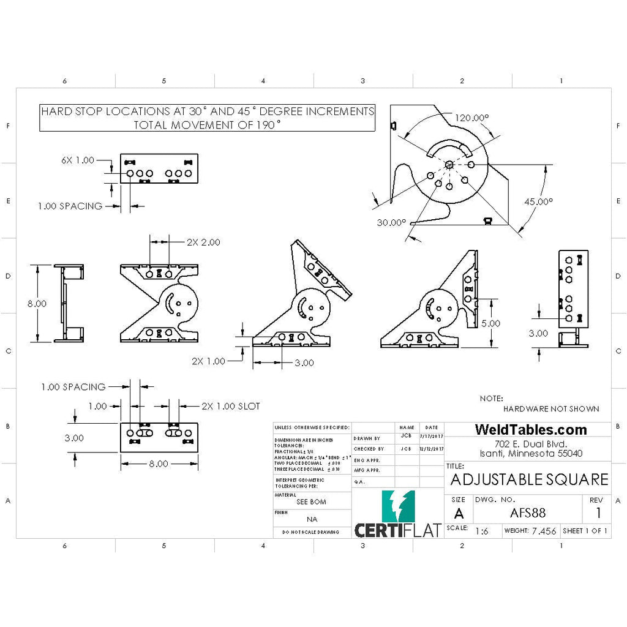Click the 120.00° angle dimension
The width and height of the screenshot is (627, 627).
pyautogui.click(x=472, y=118)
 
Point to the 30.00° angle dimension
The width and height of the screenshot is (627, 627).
pyautogui.click(x=391, y=222)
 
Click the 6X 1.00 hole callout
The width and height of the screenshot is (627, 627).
pyautogui.click(x=78, y=160)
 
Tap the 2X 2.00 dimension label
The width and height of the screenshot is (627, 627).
pyautogui.click(x=203, y=242)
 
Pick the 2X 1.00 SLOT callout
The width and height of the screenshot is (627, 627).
pyautogui.click(x=231, y=406)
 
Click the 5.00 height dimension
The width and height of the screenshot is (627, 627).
pyautogui.click(x=490, y=323)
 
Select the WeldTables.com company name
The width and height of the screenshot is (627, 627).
pyautogui.click(x=530, y=430)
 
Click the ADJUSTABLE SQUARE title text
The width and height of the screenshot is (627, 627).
pyautogui.click(x=529, y=479)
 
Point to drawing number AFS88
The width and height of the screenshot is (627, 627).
pyautogui.click(x=527, y=513)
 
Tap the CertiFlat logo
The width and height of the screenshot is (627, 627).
pyautogui.click(x=398, y=514)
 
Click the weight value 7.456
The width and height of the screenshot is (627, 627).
pyautogui.click(x=544, y=531)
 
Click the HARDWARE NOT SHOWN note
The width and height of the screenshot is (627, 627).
pyautogui.click(x=551, y=408)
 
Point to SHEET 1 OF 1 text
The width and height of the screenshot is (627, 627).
pyautogui.click(x=585, y=531)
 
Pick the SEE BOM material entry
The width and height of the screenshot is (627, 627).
pyautogui.click(x=311, y=501)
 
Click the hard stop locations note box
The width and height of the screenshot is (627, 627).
pyautogui.click(x=207, y=118)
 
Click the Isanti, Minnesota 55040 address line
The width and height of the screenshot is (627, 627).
pyautogui.click(x=530, y=454)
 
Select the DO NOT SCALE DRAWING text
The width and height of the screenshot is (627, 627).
pyautogui.click(x=311, y=532)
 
